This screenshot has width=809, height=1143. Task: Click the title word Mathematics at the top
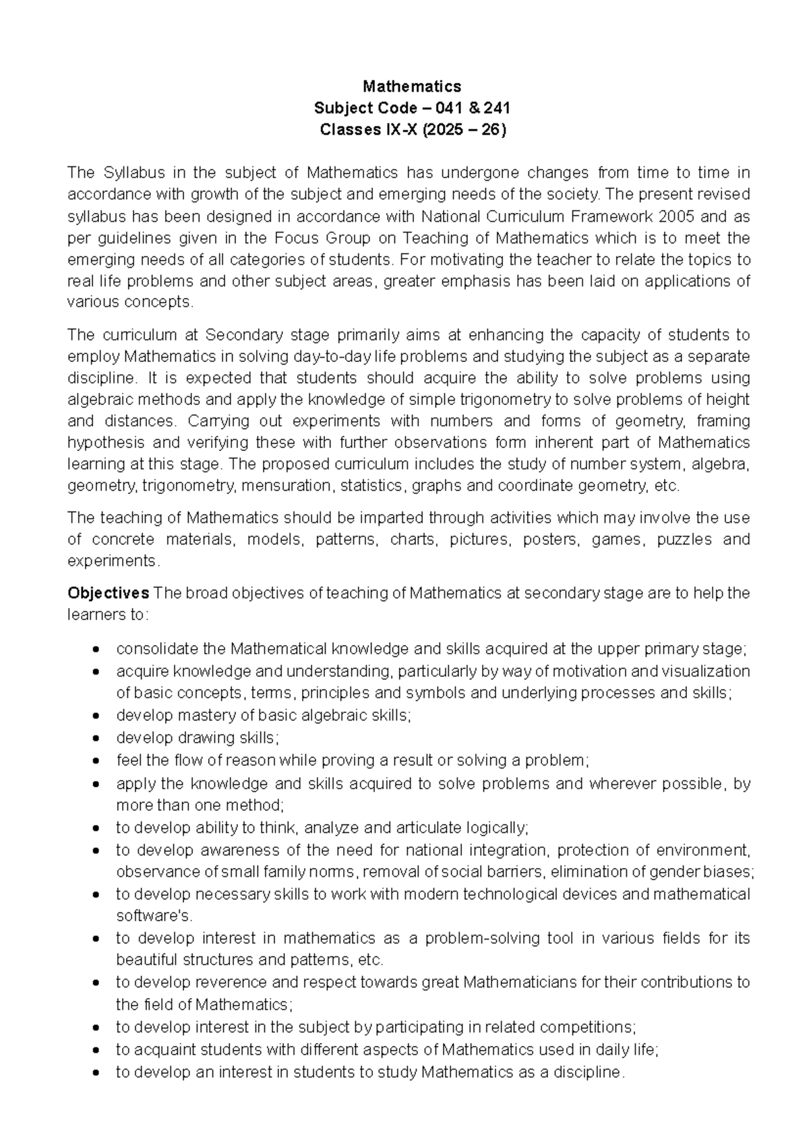(412, 86)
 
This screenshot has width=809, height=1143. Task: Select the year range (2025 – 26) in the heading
(463, 129)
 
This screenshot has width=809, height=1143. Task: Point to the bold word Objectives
(108, 593)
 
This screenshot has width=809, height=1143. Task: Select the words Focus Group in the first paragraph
(315, 238)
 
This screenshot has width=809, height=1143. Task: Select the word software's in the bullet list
(154, 916)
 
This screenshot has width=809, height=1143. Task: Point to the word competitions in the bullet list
(591, 1027)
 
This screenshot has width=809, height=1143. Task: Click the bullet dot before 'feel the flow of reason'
(98, 762)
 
